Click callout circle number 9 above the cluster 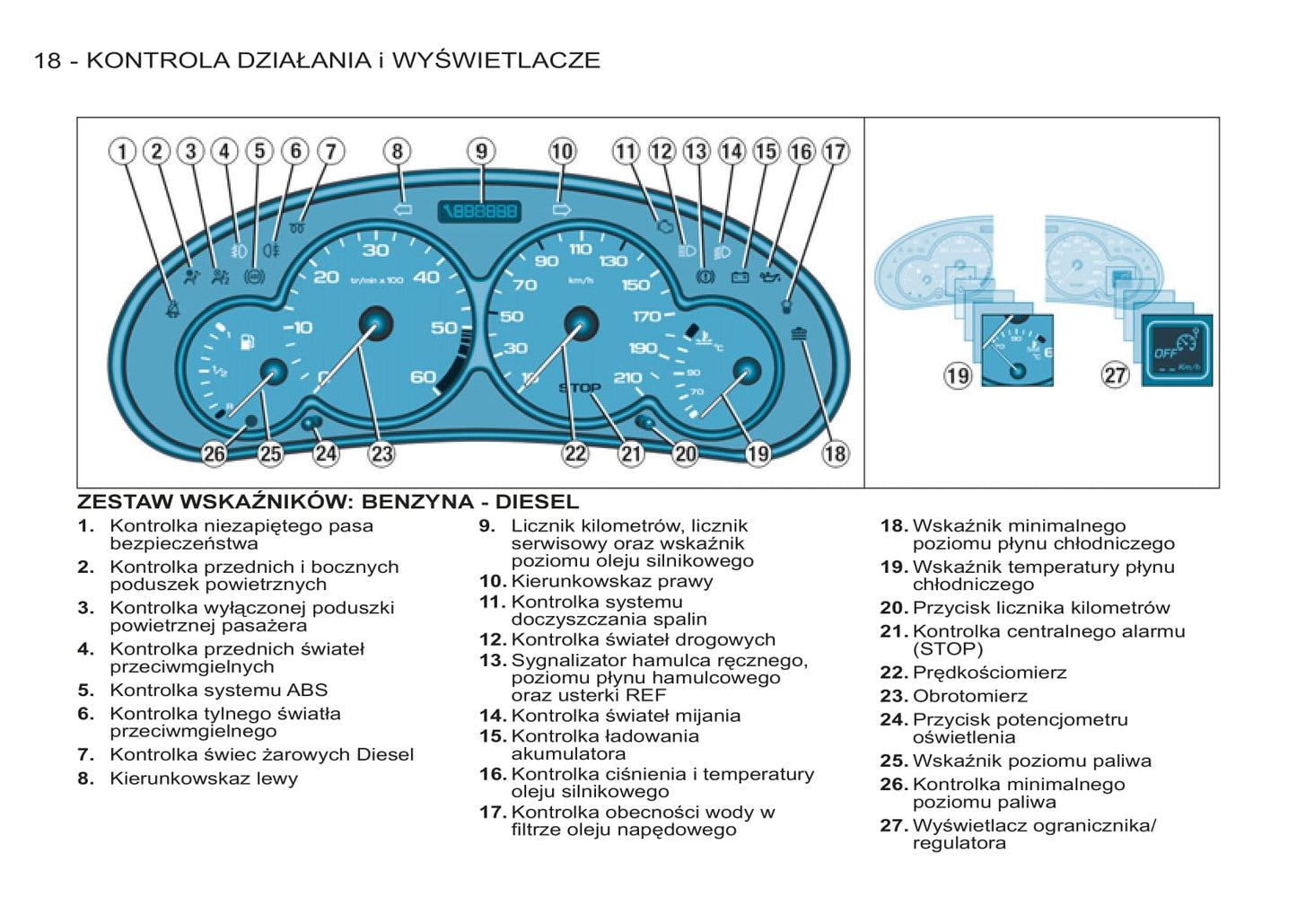[481, 151]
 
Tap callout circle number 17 [835, 151]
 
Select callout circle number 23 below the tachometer [381, 453]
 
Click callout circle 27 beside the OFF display [1115, 374]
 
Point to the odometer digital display [479, 211]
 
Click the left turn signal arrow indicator [402, 209]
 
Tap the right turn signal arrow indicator [561, 209]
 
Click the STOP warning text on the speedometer [580, 388]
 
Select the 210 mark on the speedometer [627, 378]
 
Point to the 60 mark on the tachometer [423, 377]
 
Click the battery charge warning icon [740, 277]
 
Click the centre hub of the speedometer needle [581, 322]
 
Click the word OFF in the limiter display [1165, 353]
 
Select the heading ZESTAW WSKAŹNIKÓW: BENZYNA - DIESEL [328, 501]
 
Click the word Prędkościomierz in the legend [989, 673]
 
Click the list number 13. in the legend [492, 661]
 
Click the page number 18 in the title [48, 60]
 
